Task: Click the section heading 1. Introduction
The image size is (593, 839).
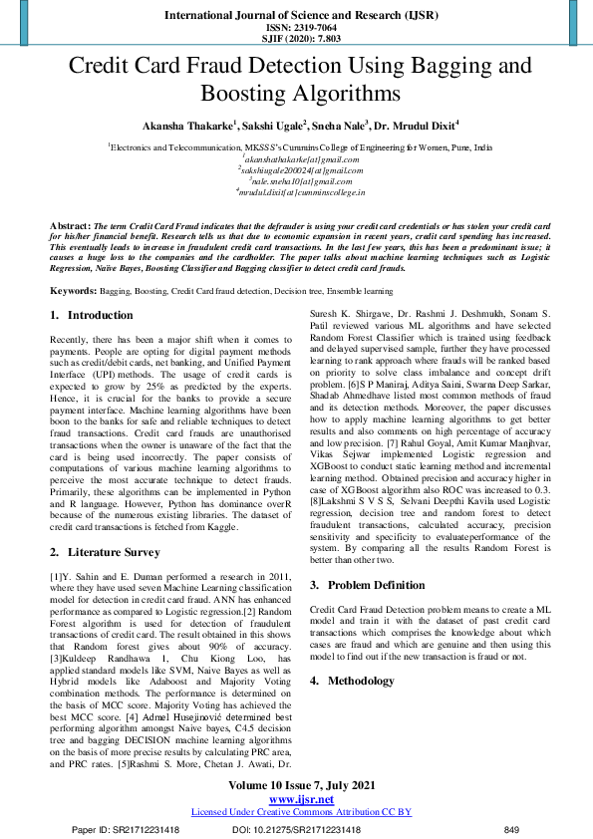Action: (x=91, y=315)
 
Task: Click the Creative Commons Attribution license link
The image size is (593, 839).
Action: (x=300, y=812)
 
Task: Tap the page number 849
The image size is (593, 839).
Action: (x=512, y=829)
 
